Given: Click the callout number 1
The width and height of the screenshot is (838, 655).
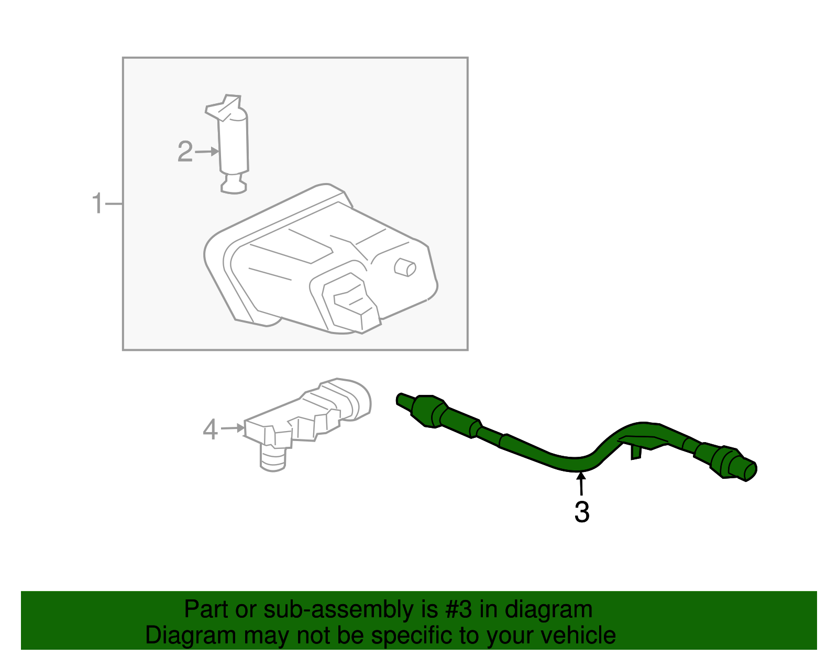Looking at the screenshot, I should pos(97,203).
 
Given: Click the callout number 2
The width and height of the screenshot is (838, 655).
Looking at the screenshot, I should pos(185,152).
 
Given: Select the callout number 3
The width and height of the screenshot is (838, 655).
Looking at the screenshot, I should pos(582,512).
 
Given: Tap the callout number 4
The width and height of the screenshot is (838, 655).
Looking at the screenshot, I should pos(210,429).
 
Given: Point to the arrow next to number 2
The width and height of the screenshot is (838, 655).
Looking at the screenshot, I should pos(207,152).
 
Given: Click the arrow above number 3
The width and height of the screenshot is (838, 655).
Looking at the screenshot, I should pos(581,483).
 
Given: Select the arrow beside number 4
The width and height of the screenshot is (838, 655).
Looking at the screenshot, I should pos(233,428).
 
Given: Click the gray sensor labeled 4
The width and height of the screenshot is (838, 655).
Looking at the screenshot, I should pos(309,414).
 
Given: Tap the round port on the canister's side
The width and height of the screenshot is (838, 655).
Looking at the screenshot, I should pos(405,267).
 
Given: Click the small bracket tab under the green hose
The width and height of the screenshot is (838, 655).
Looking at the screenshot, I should pos(636,451).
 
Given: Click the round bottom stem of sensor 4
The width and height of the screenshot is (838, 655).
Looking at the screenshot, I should pos(273,460).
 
